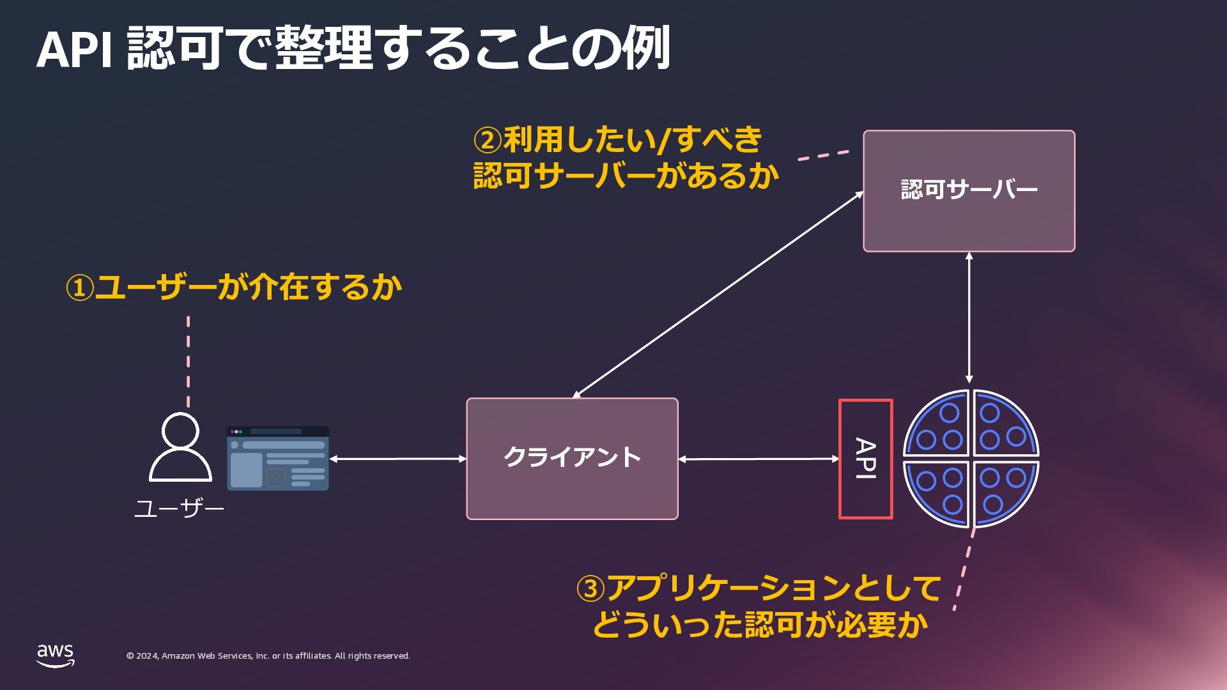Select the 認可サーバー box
[969, 191]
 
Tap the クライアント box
[572, 459]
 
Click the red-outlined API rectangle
[865, 459]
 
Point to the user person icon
[180, 447]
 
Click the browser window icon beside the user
[277, 459]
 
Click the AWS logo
[56, 655]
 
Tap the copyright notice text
[268, 656]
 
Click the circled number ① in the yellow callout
[80, 288]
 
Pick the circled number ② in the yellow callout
[487, 140]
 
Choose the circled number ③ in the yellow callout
[590, 589]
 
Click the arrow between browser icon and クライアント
[397, 459]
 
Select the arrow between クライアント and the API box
[758, 459]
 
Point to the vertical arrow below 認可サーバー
[969, 318]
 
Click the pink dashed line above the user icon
[188, 361]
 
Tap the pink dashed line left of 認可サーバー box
[824, 155]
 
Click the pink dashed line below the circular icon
[964, 569]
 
